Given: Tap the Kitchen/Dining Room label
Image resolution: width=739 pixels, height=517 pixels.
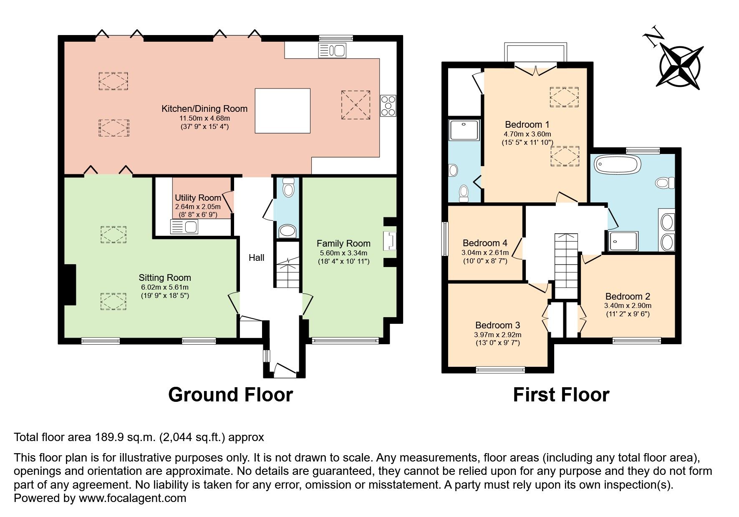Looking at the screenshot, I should pos(204,109).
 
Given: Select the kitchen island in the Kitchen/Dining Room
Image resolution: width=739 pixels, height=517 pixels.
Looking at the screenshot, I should pos(282,111).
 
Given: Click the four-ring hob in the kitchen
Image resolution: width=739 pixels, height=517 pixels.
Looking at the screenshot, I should pos(388,106).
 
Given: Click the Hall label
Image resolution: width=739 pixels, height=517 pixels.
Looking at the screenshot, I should pos(256,258).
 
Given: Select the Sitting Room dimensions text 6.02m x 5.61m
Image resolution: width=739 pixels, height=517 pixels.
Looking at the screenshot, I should pos(165,287).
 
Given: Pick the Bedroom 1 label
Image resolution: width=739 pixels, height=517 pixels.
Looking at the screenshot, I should pos(527,124).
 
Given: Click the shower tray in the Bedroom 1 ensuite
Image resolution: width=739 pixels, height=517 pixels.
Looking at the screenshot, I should pos(464,130).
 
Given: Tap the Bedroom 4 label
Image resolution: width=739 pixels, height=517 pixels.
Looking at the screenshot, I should pos(485,243).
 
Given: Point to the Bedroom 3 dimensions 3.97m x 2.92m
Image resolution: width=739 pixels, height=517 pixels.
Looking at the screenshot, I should pos(498,335).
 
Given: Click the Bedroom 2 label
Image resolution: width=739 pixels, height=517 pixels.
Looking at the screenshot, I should pos(628,296).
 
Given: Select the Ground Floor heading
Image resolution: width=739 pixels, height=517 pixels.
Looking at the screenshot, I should pos(230,395).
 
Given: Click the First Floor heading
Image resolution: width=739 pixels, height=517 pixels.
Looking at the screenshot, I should pos(561,395).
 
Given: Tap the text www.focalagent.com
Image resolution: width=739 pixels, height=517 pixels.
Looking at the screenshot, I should pos(132,498).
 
